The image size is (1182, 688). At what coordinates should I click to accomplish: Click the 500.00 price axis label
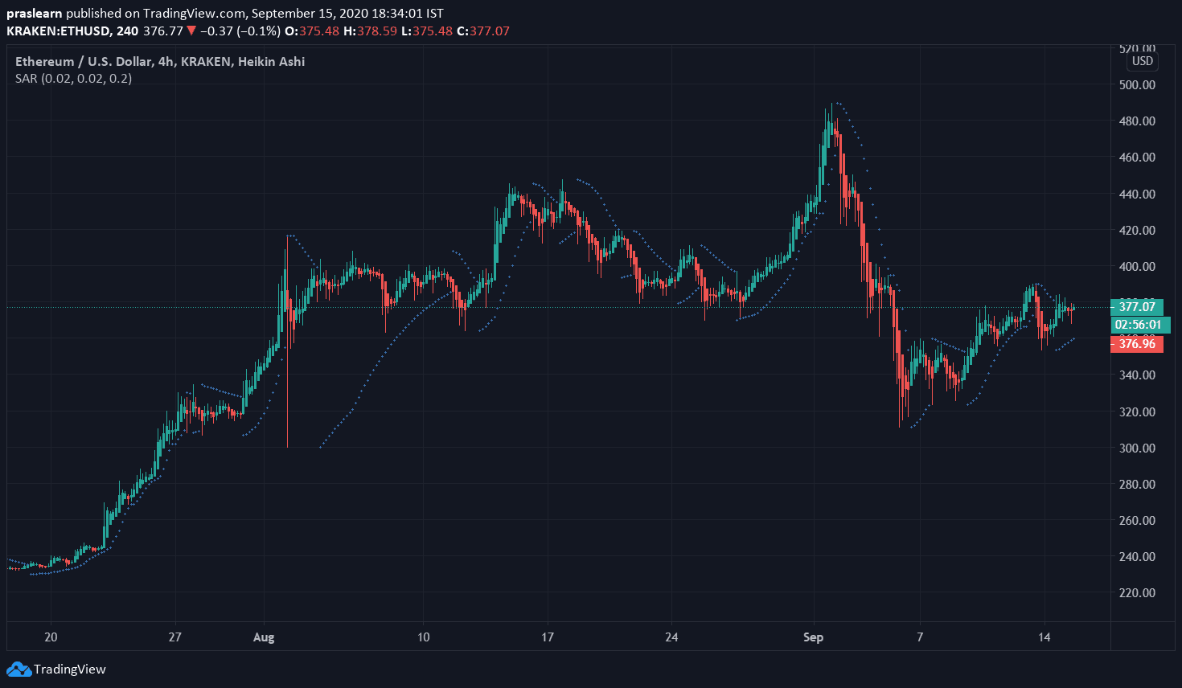pos(1137,84)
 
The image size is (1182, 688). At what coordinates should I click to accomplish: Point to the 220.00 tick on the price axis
pos(1137,592)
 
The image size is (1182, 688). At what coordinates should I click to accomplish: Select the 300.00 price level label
pos(1137,448)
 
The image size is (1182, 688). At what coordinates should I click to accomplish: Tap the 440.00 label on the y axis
pos(1137,194)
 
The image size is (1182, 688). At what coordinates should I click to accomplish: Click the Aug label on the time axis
pos(264,637)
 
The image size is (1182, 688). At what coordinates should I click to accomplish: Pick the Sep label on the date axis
pos(813,637)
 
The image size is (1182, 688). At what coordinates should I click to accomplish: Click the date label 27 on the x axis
pos(174,637)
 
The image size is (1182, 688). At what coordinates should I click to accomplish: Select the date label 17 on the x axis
pos(548,637)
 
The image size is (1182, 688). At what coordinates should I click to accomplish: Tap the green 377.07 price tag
pos(1137,306)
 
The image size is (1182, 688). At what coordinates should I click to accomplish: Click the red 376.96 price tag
pos(1137,344)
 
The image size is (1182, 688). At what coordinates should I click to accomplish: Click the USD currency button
pos(1142,61)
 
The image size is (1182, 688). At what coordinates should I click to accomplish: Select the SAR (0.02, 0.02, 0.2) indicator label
pos(73,79)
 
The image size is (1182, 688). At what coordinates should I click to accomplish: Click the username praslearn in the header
pos(34,14)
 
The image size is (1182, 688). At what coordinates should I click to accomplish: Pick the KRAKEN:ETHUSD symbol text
pos(59,31)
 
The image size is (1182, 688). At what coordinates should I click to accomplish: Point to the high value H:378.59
pos(370,31)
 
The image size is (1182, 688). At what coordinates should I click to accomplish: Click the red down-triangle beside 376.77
pos(191,31)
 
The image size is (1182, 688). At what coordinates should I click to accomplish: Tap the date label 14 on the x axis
pos(1044,637)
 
